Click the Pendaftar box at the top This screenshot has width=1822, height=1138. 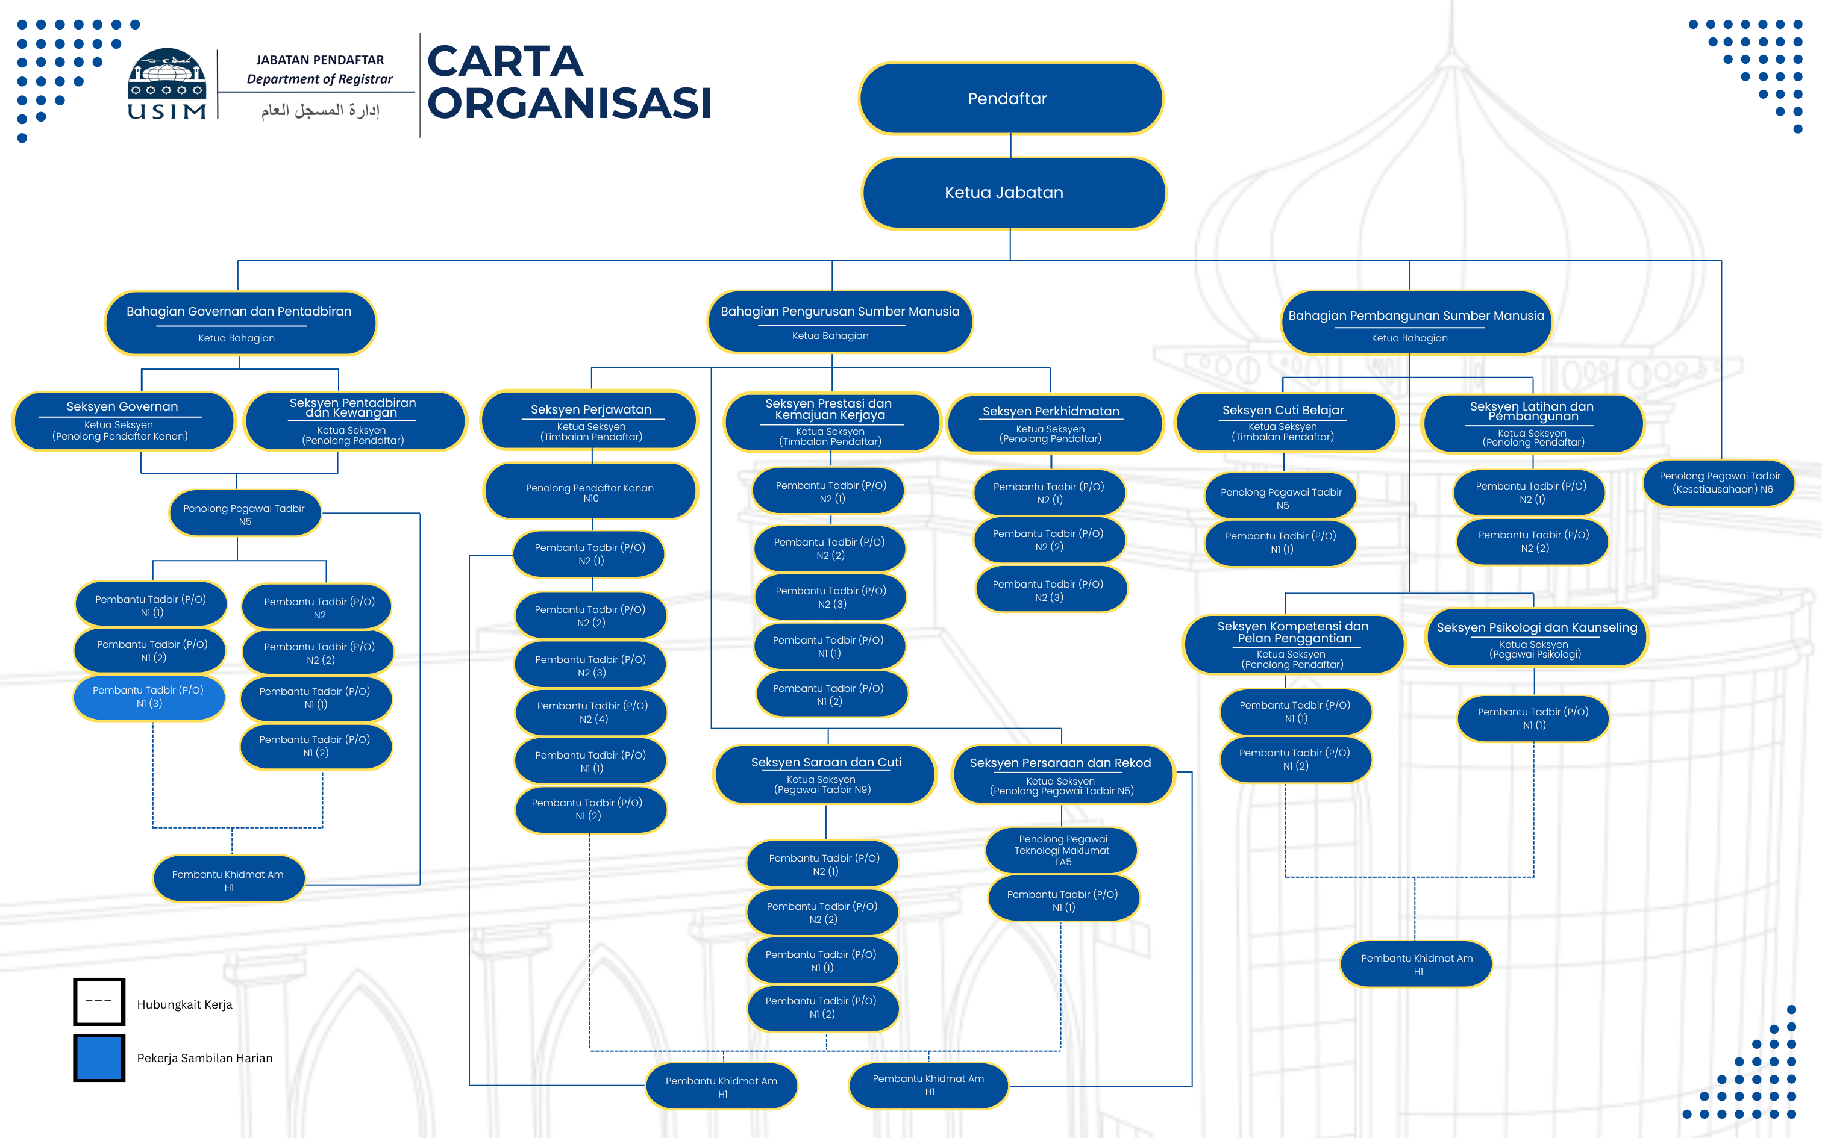1010,99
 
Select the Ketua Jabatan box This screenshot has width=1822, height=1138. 1013,193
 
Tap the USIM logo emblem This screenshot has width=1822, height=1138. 166,83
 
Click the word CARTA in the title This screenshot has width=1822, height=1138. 505,61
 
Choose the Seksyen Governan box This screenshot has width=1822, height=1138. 124,421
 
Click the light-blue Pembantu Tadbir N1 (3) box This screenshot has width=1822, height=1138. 149,698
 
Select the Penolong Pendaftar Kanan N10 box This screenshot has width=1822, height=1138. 591,491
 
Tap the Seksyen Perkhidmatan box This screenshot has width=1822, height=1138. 1055,424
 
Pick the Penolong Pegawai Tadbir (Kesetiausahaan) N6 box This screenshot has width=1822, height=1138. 1719,483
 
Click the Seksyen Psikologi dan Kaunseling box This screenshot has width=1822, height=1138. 1536,638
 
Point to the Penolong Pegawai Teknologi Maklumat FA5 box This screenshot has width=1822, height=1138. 1062,850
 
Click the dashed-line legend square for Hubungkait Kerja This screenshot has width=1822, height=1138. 99,1002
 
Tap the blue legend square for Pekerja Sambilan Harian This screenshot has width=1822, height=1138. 99,1057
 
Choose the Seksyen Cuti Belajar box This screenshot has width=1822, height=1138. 1286,422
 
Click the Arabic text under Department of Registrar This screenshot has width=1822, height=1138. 321,111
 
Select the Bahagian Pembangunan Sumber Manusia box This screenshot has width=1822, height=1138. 1416,323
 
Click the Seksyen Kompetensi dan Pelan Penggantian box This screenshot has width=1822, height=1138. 1294,644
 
